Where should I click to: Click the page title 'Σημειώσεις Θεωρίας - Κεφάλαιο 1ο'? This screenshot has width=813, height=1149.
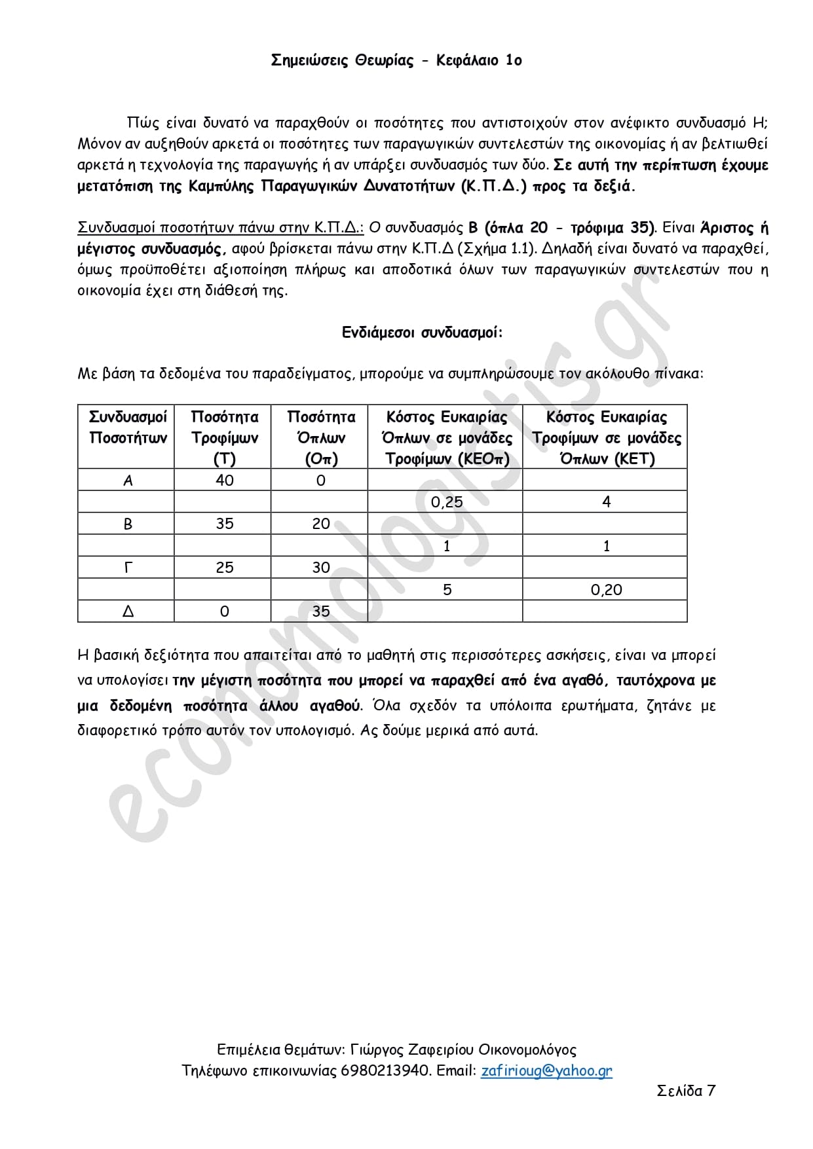tap(396, 61)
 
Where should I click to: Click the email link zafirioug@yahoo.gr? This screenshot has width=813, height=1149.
tap(546, 1070)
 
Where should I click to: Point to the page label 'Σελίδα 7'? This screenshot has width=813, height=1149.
tap(685, 1090)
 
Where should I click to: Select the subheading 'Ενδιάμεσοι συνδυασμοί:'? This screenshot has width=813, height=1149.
tap(422, 333)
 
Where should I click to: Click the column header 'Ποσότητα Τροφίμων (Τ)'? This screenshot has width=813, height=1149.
tap(224, 437)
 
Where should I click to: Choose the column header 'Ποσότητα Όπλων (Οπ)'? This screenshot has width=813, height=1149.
tap(320, 437)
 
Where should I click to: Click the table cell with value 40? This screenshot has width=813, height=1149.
tap(224, 481)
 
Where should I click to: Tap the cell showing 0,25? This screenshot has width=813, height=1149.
tap(447, 502)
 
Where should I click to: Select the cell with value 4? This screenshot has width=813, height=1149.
tap(606, 502)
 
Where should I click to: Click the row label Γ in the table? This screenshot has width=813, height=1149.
tap(128, 568)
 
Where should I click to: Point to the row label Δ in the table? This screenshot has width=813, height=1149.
tap(128, 611)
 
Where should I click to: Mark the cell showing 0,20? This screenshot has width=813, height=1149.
tap(606, 590)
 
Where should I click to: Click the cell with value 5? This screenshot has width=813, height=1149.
tap(447, 590)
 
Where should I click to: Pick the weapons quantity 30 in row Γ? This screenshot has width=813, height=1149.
tap(320, 568)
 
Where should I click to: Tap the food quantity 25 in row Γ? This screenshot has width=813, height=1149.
tap(224, 568)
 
